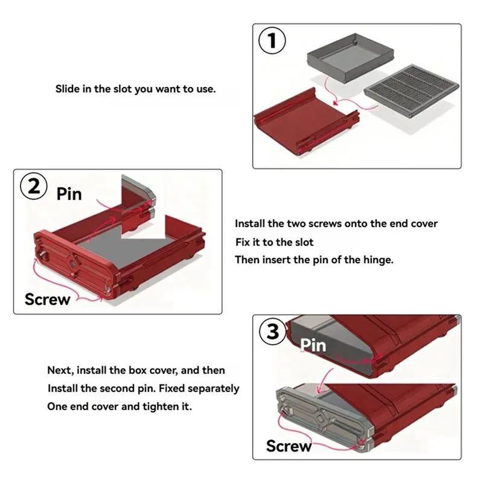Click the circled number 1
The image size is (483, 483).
point(272,40)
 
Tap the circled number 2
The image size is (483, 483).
point(34,186)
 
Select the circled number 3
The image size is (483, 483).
point(273,331)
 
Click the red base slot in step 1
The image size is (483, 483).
point(307,121)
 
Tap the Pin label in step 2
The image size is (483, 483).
point(69,194)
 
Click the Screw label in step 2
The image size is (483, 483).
point(48,299)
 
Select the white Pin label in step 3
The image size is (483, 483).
point(313,345)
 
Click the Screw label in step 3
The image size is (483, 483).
point(289,446)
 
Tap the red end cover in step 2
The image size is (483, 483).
point(75,265)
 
